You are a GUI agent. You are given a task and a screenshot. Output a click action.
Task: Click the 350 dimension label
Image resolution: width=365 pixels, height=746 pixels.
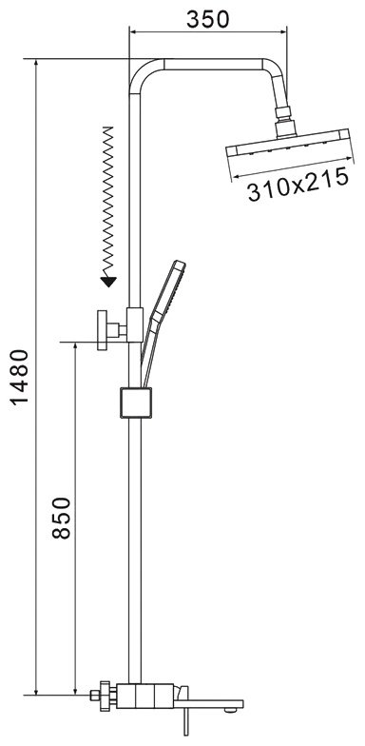[207, 19]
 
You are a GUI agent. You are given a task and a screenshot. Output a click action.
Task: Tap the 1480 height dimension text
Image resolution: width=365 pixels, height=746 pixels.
[21, 377]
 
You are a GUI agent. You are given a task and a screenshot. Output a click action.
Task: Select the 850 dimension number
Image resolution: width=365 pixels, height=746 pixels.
[61, 518]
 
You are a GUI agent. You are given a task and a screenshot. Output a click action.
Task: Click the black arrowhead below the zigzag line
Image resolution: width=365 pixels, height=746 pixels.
[108, 282]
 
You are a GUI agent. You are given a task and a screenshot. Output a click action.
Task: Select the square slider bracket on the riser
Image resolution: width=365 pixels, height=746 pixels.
[136, 402]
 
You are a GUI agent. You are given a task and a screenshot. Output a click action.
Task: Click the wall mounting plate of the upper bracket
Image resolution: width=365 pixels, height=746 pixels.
[103, 330]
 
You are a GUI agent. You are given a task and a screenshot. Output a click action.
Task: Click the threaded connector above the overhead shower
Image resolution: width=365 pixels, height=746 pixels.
[283, 112]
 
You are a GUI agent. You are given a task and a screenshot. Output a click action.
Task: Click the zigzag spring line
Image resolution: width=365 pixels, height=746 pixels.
[108, 201]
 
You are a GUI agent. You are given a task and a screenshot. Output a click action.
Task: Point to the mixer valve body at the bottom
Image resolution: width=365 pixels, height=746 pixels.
[144, 697]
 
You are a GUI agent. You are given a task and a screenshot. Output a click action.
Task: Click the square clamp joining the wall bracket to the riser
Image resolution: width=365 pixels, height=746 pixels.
[135, 324]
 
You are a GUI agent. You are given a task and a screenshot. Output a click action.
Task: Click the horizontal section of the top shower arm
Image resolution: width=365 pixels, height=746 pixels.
[213, 65]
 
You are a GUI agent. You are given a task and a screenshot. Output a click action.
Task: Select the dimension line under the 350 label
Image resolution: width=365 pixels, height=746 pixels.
[208, 32]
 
